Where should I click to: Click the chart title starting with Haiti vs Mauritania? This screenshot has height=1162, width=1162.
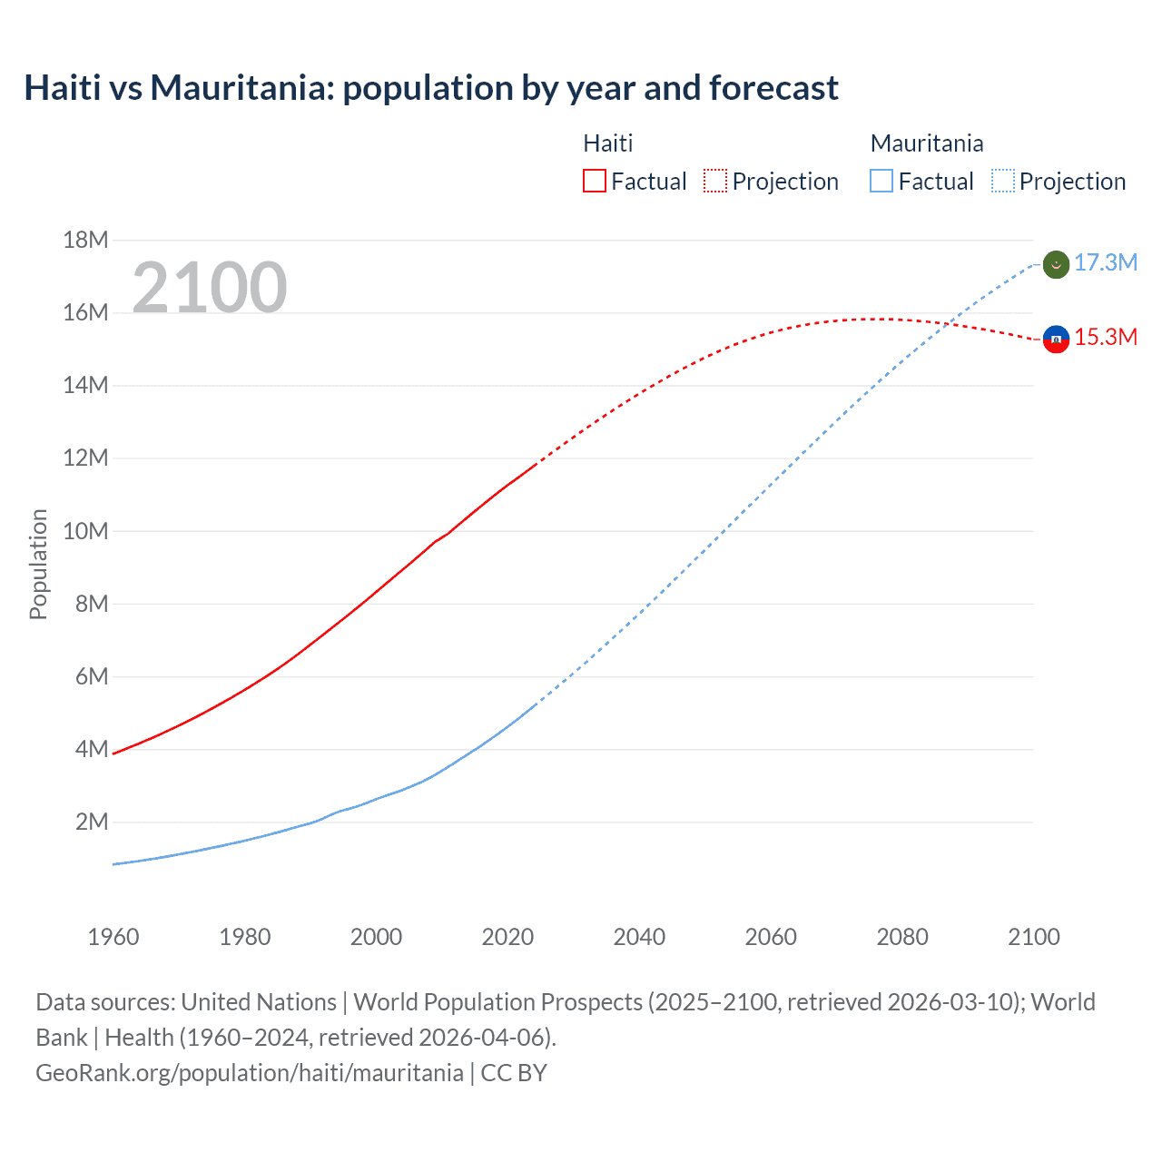click(431, 88)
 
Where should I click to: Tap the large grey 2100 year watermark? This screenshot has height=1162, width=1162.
click(210, 287)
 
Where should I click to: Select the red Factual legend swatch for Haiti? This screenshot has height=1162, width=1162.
click(594, 181)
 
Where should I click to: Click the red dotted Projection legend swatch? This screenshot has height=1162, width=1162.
click(715, 181)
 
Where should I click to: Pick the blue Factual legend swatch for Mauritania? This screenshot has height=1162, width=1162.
click(881, 181)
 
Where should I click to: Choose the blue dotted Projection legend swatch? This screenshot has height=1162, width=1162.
click(1002, 181)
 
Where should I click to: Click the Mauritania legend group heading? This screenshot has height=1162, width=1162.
click(926, 143)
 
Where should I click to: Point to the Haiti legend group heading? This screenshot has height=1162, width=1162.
click(607, 143)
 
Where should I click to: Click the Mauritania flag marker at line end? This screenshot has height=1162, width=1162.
click(1056, 264)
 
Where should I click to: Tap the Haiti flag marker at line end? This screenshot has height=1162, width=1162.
click(1056, 339)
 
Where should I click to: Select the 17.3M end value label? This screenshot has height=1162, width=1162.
click(1106, 263)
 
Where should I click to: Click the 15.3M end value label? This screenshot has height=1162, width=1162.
click(1106, 338)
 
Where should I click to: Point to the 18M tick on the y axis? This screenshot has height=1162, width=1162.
click(85, 240)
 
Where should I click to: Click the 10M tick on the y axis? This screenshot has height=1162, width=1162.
click(85, 531)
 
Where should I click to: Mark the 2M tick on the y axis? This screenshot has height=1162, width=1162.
click(92, 822)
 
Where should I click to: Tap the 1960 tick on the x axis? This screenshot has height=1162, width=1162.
click(113, 937)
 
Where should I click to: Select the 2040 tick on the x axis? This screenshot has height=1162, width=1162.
click(639, 937)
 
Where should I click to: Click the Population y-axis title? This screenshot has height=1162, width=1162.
click(38, 564)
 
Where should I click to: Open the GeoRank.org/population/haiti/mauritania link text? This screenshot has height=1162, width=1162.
click(250, 1073)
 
